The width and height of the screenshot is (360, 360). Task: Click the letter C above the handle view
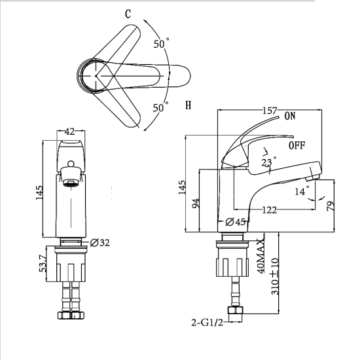128,14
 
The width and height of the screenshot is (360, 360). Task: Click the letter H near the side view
189,105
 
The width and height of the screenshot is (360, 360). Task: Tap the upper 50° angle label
162,43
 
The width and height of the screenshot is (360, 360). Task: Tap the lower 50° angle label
161,107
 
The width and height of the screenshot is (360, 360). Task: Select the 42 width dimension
69,132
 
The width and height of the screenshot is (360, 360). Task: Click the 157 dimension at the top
270,111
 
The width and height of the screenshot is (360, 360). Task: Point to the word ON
290,116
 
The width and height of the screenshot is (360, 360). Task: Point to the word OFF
297,145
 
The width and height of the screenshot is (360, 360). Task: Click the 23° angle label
268,162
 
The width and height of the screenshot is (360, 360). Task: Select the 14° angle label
302,191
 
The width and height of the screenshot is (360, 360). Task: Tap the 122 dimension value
269,210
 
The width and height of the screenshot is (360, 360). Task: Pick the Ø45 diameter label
236,222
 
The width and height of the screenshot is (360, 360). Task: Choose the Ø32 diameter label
100,243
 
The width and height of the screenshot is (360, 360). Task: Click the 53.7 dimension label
43,263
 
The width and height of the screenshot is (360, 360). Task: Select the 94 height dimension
196,203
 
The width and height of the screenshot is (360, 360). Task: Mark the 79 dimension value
331,206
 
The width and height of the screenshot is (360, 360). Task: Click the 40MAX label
261,256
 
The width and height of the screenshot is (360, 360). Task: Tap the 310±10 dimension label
275,277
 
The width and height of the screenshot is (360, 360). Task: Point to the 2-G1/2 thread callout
207,323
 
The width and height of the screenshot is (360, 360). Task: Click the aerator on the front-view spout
71,183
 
